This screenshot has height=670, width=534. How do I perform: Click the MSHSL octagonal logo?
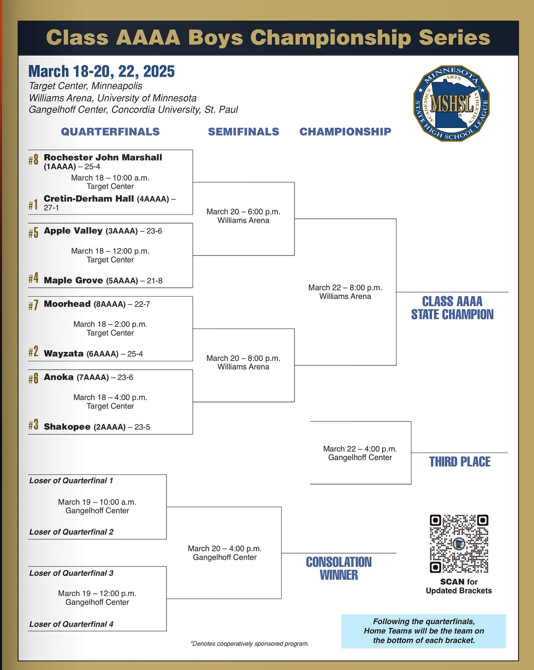coord(451,104)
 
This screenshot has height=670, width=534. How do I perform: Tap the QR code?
coord(459,544)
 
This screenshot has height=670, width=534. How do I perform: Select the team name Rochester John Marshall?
coord(103,157)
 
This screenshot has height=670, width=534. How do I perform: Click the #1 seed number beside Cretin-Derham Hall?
coord(33,204)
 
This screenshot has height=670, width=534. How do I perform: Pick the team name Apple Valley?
coord(73,231)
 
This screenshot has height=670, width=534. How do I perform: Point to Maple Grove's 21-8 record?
coord(154,281)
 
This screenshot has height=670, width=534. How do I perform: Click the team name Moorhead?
coord(67,304)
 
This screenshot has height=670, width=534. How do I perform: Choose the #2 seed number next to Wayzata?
coord(33,352)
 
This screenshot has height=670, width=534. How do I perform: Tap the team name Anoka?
coord(59,377)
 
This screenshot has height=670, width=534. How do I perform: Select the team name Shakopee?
coord(67,427)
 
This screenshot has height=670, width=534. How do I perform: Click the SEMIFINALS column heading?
coord(244,132)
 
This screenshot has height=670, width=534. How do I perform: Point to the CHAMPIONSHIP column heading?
coord(345,132)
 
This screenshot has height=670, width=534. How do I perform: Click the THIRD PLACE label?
coord(460,462)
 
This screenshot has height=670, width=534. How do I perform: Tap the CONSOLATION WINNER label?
coord(339,568)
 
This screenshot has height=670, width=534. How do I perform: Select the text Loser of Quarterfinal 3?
coord(71,573)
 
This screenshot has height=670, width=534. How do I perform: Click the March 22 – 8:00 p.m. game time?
coord(345,287)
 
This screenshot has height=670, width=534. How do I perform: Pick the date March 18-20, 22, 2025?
coord(101,71)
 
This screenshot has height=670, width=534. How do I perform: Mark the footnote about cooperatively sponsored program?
coord(249,644)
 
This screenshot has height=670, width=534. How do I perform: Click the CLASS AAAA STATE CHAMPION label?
coord(452,308)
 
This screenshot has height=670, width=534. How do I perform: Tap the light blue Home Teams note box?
coord(424,631)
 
